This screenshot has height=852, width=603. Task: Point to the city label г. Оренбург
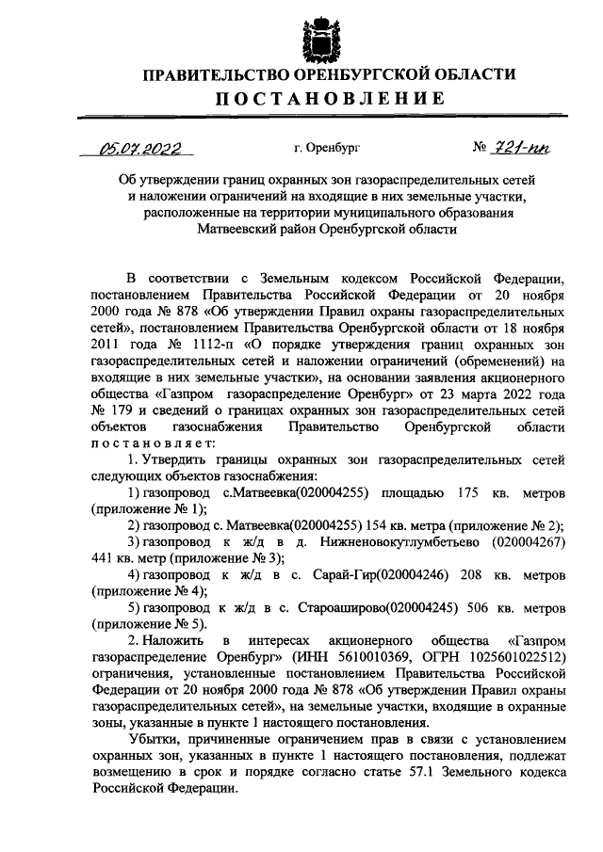[x=327, y=149]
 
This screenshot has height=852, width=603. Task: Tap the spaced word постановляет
[x=154, y=442]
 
